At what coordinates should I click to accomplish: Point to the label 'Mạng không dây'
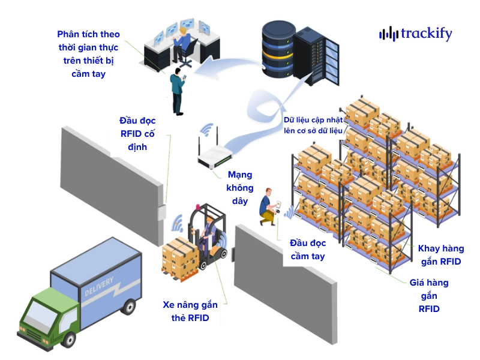pyautogui.click(x=239, y=187)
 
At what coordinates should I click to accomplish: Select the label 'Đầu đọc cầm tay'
pyautogui.click(x=308, y=250)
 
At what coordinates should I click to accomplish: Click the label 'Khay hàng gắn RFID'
pyautogui.click(x=440, y=255)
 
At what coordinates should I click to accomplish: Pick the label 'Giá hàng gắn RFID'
pyautogui.click(x=429, y=295)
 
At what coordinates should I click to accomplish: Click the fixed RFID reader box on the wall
pyautogui.click(x=160, y=212)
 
